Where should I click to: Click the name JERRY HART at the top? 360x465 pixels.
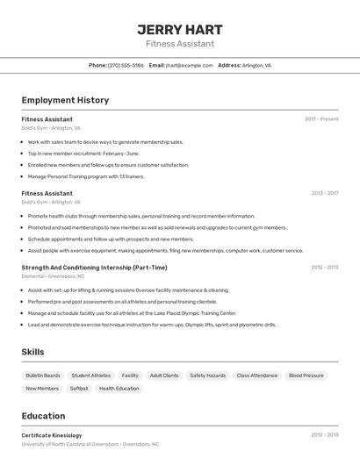point(179,29)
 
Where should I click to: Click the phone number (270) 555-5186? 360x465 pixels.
point(126,65)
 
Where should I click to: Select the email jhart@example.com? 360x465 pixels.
point(190,65)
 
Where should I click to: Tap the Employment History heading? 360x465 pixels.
point(65,100)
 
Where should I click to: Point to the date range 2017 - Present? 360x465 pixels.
point(321,118)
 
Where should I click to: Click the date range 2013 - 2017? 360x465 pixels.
point(325,193)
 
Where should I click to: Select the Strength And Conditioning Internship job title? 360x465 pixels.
point(94,267)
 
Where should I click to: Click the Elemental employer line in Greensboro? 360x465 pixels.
point(59,276)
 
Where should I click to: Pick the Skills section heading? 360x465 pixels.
point(32,352)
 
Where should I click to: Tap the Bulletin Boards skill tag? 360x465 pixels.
point(43,376)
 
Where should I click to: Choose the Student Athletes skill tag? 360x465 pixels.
point(91,376)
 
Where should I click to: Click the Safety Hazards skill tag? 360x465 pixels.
point(208,376)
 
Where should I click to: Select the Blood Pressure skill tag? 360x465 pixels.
point(306,376)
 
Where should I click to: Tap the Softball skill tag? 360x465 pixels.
point(79,389)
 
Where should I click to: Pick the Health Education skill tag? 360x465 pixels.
point(119,389)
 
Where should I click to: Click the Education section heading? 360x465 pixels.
point(43,416)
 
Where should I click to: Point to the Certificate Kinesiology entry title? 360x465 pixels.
point(52,435)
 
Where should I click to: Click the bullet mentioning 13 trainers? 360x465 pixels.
point(86,176)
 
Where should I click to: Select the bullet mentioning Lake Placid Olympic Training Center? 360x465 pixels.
point(132,313)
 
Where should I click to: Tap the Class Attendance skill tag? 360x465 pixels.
point(257,376)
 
